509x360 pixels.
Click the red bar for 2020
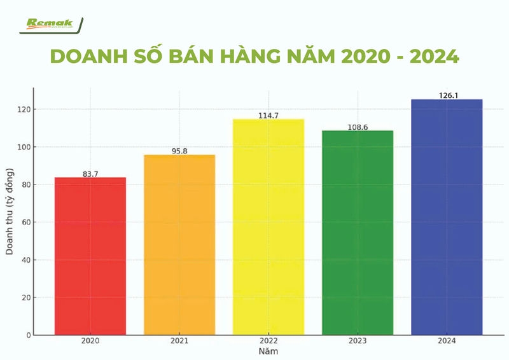(90, 256)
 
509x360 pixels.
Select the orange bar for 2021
(179, 244)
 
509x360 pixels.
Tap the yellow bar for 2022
(268, 226)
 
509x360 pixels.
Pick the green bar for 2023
(358, 232)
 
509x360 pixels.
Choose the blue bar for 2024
(447, 216)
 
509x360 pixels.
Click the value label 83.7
(90, 174)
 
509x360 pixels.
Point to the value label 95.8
(179, 151)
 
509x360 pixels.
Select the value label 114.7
(268, 115)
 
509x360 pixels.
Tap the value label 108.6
(358, 127)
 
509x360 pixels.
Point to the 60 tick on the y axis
(25, 222)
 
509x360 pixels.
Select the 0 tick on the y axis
(27, 335)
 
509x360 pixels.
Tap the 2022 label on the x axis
(268, 342)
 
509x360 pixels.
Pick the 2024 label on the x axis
(447, 342)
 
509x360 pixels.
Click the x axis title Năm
(268, 351)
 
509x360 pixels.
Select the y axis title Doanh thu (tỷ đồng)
(10, 212)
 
